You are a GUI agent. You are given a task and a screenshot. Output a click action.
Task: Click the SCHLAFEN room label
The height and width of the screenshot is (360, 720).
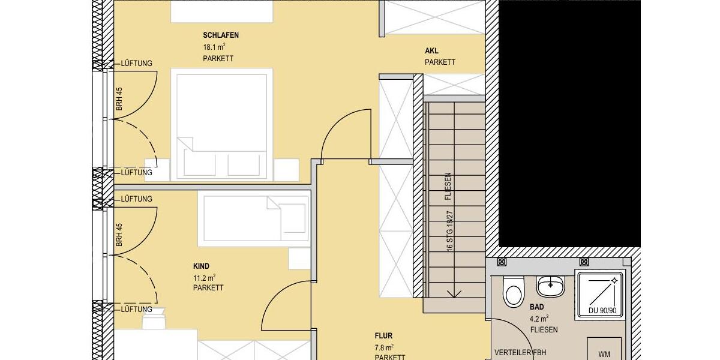[221, 35]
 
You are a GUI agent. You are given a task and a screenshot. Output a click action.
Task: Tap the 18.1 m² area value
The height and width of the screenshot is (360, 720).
[214, 47]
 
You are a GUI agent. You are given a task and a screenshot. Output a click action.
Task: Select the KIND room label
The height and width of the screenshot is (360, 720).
[202, 266]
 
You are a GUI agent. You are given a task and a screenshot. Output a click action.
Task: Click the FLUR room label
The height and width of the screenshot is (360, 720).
[383, 336]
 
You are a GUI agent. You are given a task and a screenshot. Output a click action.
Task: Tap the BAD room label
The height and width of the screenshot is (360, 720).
[536, 307]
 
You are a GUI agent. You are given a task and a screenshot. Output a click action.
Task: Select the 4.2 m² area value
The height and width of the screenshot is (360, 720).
[539, 319]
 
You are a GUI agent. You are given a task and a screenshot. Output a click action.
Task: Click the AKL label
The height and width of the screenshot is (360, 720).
[431, 51]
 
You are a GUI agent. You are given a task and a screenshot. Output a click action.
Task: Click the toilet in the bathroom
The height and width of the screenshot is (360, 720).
[513, 292]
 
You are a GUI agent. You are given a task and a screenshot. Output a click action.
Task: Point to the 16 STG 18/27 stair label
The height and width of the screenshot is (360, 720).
[449, 229]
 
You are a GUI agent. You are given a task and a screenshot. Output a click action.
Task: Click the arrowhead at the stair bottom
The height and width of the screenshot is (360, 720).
[454, 293]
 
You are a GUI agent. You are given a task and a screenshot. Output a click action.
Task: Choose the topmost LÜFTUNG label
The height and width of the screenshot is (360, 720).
[136, 63]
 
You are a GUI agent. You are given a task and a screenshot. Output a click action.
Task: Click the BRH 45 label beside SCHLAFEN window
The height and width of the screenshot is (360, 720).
[119, 98]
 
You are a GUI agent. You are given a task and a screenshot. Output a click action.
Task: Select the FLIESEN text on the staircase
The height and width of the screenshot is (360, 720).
[448, 187]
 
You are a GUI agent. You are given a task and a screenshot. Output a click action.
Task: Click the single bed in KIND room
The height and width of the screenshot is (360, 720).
[252, 217]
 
